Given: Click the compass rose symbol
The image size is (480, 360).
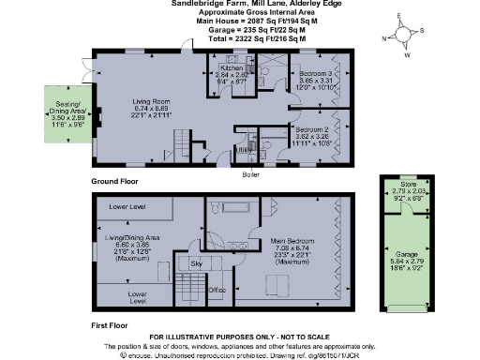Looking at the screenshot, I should click(402, 36).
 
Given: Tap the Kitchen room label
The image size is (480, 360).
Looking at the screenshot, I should click(232, 68).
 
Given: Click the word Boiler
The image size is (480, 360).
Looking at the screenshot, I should click(250, 174).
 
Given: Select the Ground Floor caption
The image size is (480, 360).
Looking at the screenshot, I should click(114, 180).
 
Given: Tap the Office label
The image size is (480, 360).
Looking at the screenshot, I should click(217, 290).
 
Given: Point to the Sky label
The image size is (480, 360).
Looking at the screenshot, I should click(196, 264).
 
